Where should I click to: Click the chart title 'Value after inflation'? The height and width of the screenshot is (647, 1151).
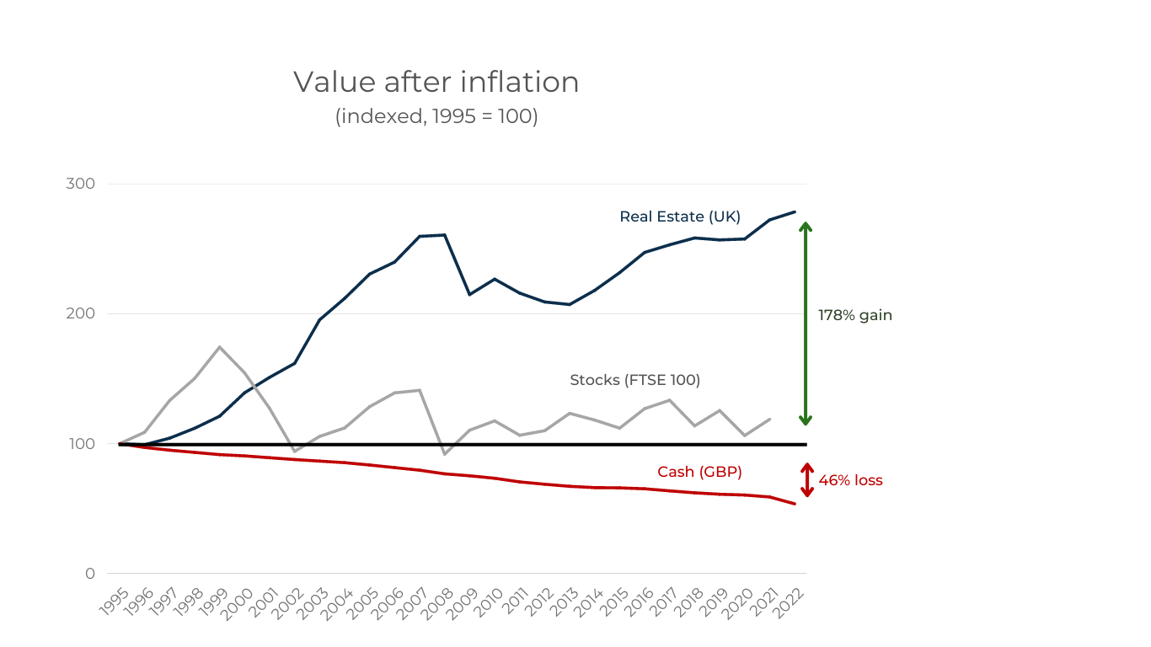click(x=436, y=82)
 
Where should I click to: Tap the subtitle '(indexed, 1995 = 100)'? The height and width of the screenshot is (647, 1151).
click(x=436, y=115)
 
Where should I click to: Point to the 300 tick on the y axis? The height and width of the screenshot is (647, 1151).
click(x=80, y=184)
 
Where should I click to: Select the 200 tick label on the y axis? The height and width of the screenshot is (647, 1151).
click(x=80, y=313)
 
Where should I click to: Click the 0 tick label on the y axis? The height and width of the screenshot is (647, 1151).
click(x=90, y=574)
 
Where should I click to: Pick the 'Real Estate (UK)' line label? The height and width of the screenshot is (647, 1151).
click(x=679, y=217)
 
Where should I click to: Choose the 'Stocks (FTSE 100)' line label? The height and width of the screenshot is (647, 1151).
click(x=634, y=380)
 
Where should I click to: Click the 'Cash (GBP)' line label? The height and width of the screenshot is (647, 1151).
click(x=699, y=472)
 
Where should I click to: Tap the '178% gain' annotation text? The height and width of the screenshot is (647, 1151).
click(x=854, y=315)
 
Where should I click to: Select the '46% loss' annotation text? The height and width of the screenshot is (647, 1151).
click(x=850, y=480)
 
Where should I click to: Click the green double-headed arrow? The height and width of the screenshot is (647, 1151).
click(x=806, y=323)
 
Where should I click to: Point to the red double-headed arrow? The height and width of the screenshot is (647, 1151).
click(x=806, y=480)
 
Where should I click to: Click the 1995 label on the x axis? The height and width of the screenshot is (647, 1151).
click(x=114, y=602)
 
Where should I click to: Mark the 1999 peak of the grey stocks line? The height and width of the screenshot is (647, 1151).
click(x=219, y=346)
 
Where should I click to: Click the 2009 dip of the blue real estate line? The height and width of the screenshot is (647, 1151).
click(x=469, y=294)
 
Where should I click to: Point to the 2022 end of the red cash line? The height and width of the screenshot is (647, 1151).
click(x=795, y=504)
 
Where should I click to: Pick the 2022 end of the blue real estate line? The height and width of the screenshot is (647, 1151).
click(x=795, y=211)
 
